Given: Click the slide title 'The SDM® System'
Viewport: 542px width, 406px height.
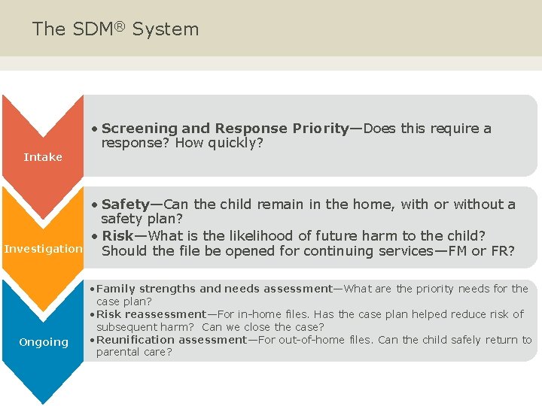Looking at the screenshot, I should tap(115, 29).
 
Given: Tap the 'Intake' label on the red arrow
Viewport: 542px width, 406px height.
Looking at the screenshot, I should tap(43, 157).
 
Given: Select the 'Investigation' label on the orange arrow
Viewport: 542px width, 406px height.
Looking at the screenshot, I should tap(43, 249).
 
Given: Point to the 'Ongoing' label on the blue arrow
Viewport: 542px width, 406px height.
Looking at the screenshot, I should tap(43, 342).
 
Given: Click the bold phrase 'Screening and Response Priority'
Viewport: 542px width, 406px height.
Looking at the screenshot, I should tap(225, 129).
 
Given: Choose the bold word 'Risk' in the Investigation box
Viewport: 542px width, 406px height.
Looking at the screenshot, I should tap(117, 235).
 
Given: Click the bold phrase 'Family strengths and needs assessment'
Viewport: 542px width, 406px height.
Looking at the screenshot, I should tap(215, 289).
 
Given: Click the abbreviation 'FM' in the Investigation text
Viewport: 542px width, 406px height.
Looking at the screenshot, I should tap(458, 251).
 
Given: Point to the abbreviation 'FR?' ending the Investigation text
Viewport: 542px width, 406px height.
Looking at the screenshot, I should tap(501, 251).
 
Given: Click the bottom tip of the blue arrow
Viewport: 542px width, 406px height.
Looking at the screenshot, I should tap(43, 402).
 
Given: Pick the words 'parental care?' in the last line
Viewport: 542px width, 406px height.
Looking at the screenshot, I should tap(134, 352).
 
